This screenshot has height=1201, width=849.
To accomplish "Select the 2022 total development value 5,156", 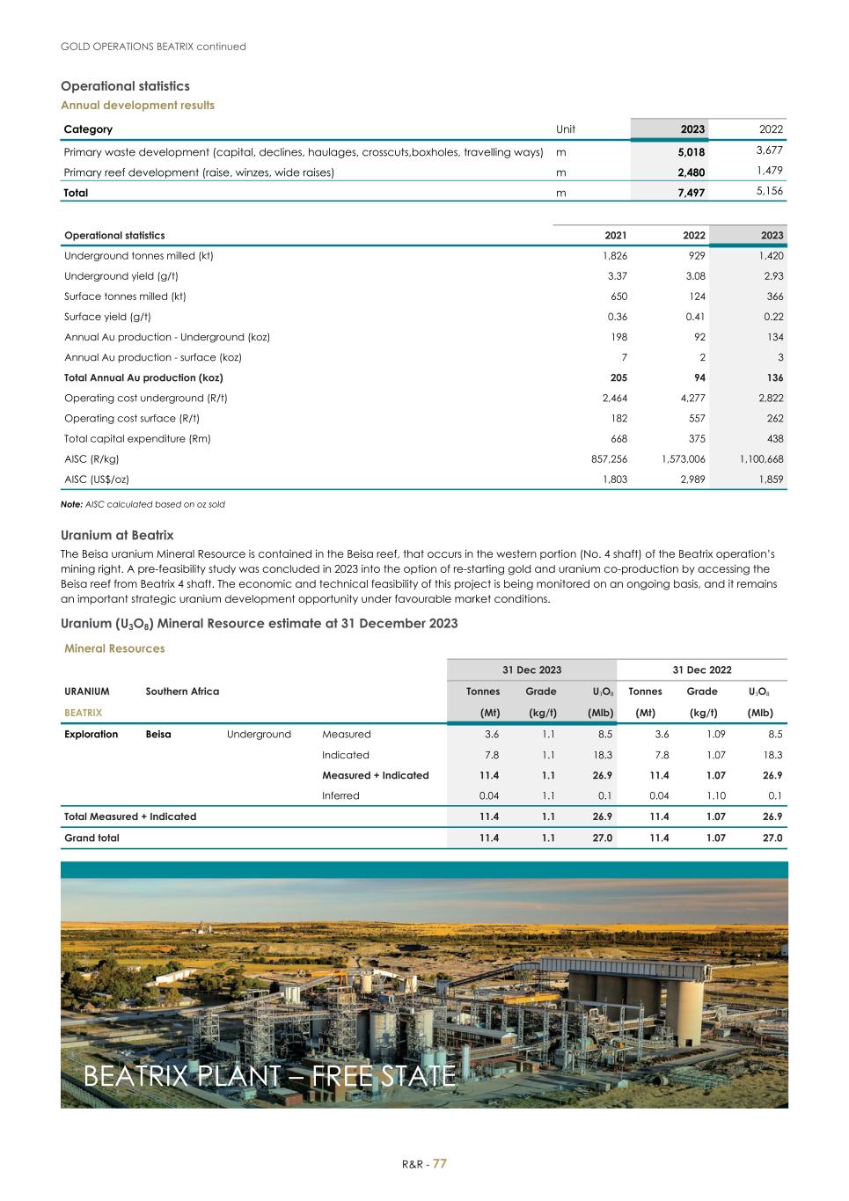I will [769, 191].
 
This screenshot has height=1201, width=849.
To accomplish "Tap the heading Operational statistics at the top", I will [125, 86].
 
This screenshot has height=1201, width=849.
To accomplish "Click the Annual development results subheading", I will [137, 106].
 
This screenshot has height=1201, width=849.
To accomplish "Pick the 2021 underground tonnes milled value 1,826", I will [614, 256].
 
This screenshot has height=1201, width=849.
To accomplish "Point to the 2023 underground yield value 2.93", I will [773, 276].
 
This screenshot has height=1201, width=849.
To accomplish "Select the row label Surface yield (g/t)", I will [107, 317].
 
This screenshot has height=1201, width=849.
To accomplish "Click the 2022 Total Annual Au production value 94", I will [698, 377].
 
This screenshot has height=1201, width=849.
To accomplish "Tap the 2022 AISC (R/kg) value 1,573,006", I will [683, 459].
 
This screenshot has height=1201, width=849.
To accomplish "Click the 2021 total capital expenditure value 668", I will [618, 439].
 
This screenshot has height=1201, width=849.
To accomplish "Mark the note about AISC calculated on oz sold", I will [143, 504].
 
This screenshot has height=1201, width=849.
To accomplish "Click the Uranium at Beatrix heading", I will [117, 535].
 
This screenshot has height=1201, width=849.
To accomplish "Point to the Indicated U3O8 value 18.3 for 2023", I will [602, 755].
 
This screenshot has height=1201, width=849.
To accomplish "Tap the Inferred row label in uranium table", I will [340, 796].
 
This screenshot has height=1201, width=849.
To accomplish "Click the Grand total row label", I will [91, 839].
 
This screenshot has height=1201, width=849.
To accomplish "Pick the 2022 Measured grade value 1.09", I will [714, 735].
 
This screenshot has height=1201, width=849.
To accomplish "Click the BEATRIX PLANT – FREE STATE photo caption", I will [269, 1075].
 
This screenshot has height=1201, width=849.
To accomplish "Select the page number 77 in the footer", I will [439, 1164].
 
